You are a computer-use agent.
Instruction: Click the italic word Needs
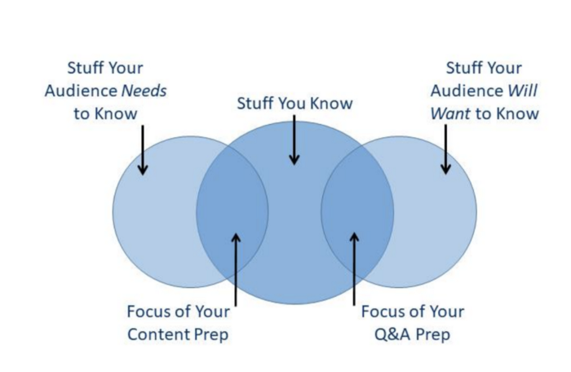click(144, 91)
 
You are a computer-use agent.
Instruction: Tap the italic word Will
click(523, 91)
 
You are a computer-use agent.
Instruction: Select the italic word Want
click(450, 113)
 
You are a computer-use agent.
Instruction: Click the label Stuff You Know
click(294, 104)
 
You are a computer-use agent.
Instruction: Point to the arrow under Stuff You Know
click(294, 140)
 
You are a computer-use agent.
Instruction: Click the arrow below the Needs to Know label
click(143, 150)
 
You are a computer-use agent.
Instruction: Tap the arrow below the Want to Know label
click(445, 149)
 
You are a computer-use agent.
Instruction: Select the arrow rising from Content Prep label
click(236, 269)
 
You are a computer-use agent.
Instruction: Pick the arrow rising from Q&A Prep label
click(354, 269)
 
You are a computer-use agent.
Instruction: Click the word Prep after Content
click(211, 335)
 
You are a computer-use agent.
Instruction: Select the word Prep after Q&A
click(433, 335)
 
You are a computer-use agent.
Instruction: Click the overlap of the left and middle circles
click(232, 212)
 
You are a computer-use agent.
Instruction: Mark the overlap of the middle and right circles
click(357, 212)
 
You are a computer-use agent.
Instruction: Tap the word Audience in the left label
click(81, 91)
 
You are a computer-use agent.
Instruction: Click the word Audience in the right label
click(467, 91)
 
